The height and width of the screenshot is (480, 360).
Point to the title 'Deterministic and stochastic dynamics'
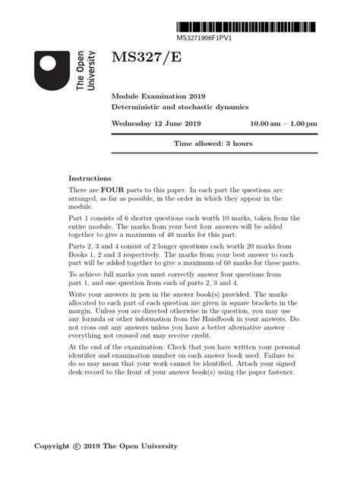(x=181, y=109)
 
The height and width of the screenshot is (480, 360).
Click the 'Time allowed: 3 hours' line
(x=213, y=144)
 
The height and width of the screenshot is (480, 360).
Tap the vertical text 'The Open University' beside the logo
(x=86, y=71)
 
